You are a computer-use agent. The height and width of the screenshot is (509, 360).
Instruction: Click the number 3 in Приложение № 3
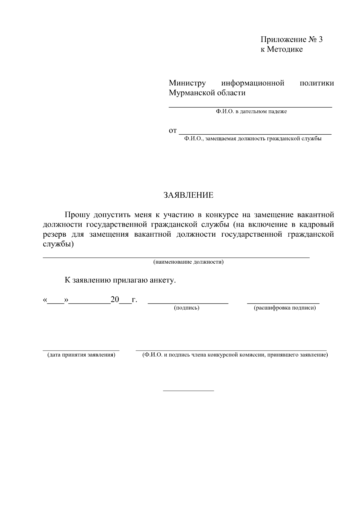tap(320, 40)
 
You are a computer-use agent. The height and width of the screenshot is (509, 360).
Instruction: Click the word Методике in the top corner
tap(285, 49)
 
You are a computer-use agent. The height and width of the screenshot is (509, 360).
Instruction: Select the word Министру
tap(187, 83)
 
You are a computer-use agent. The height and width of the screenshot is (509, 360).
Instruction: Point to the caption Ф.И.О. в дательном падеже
tap(251, 112)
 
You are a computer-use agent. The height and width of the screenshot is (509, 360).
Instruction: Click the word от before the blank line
tap(173, 131)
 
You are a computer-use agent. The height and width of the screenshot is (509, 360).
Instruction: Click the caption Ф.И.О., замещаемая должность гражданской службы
tap(253, 139)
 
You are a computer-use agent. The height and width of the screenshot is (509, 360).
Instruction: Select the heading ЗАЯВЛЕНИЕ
tap(188, 195)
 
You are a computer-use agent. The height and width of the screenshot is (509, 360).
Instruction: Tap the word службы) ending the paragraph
tap(58, 244)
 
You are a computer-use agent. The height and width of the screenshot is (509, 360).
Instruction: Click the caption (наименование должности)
tap(188, 262)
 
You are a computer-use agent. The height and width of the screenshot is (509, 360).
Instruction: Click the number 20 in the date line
tap(115, 299)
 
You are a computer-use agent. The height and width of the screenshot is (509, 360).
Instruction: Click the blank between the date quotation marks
tap(56, 301)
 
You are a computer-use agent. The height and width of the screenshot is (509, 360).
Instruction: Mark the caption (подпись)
tap(187, 308)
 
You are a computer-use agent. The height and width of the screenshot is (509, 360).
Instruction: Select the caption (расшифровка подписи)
tap(285, 308)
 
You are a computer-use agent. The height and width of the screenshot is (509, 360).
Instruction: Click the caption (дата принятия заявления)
tap(81, 355)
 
